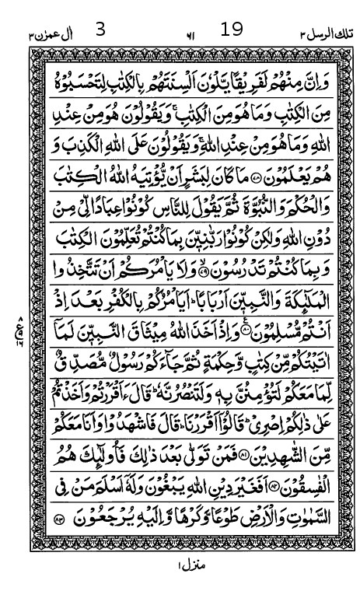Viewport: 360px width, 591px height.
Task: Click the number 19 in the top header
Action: pos(232,30)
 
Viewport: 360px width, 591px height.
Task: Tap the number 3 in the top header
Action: pos(100,30)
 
